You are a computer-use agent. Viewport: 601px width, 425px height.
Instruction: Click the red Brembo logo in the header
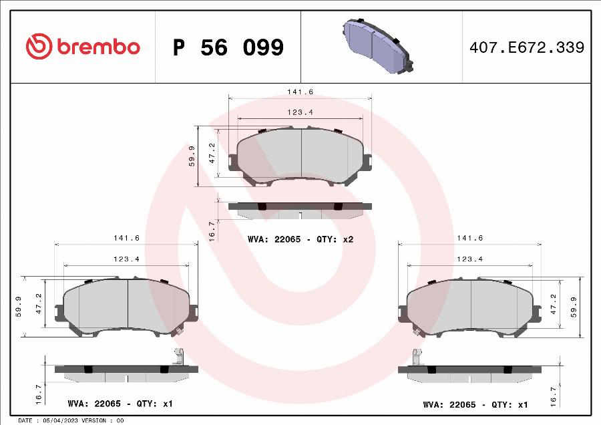click(x=83, y=46)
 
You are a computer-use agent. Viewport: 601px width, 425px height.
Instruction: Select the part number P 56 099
click(x=228, y=47)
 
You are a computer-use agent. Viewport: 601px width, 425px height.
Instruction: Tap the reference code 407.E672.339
click(x=527, y=47)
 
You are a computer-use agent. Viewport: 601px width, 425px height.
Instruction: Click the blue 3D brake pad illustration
click(x=378, y=45)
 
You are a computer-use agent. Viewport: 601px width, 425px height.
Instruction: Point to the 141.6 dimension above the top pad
click(x=300, y=92)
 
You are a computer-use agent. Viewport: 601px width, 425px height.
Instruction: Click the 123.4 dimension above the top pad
click(x=300, y=112)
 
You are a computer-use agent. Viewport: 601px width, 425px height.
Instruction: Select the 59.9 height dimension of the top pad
click(x=192, y=156)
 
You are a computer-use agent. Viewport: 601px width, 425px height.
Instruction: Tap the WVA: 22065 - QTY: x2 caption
click(x=300, y=239)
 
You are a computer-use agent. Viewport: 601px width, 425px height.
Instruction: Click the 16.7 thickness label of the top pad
click(x=212, y=231)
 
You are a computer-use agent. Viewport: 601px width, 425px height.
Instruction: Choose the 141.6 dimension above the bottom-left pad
click(x=126, y=238)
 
